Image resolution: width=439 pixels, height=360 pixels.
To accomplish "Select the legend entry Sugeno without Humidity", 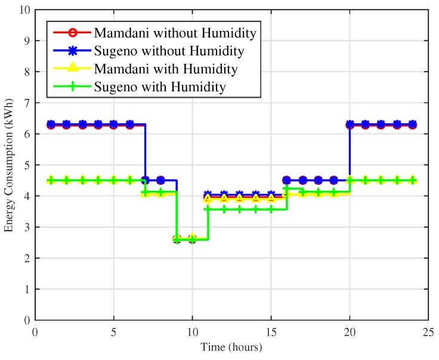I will tap(161, 50).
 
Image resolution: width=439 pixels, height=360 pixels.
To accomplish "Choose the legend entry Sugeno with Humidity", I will tap(159, 88).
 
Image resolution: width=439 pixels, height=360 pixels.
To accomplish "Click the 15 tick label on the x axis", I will tap(271, 331).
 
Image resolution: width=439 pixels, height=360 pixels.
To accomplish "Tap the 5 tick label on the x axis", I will tap(114, 331).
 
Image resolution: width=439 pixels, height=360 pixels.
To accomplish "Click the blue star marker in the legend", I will tap(70, 50).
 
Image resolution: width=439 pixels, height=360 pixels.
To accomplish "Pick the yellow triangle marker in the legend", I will tap(70, 69).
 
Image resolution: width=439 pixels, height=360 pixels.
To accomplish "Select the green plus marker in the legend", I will tap(70, 88).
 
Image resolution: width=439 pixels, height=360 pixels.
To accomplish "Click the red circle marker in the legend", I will tap(70, 31).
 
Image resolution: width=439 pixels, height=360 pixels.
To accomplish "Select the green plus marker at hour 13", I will tap(239, 209).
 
